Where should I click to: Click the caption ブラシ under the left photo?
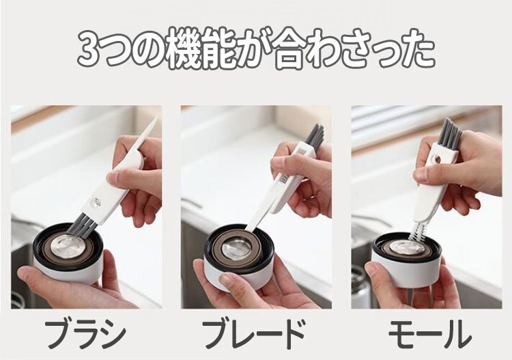85,334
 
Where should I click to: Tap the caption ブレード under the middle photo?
253,334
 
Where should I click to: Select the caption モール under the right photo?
429,334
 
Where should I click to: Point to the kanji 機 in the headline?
186,49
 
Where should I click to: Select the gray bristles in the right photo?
450,132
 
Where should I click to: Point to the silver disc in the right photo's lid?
407,247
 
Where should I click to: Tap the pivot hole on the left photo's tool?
96,204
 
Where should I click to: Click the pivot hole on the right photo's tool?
436,159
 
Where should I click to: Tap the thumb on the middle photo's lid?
229,280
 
